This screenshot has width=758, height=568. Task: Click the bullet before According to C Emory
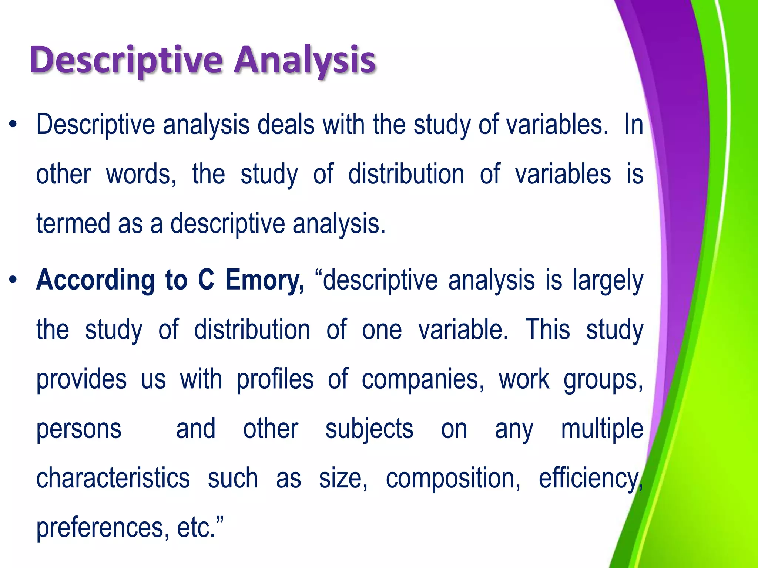point(14,280)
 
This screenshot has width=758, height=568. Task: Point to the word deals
point(286,125)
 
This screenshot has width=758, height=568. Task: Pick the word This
point(547,329)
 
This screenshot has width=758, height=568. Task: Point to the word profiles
point(275,380)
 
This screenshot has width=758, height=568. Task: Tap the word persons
point(79,430)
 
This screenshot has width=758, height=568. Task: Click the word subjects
point(369,430)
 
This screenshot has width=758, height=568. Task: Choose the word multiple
point(602,430)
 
